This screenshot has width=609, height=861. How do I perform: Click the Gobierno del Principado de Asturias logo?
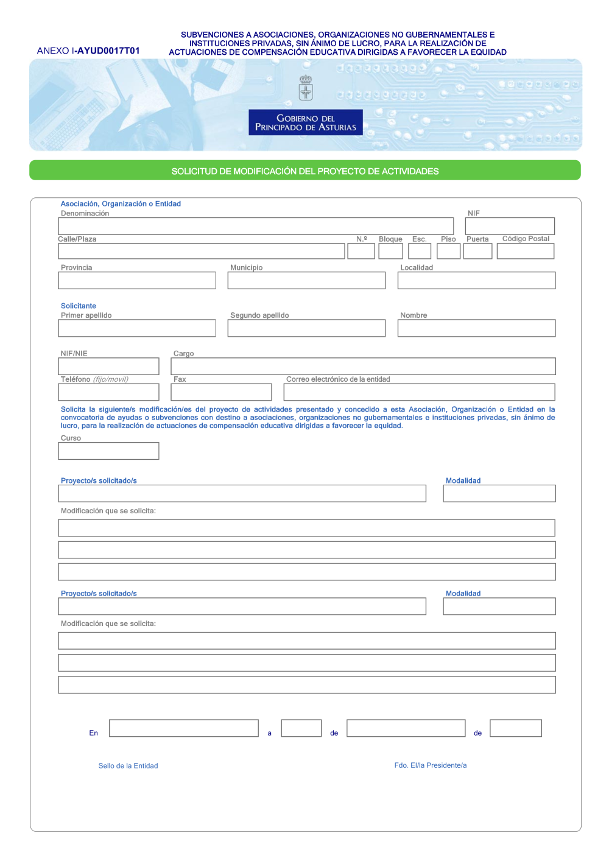305,122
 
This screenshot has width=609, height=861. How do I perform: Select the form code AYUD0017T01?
108,51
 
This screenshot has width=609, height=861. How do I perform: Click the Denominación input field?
256,226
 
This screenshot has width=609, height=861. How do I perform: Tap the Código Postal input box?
525,251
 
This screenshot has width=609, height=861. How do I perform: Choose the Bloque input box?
390,251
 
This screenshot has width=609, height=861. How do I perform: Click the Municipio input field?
306,280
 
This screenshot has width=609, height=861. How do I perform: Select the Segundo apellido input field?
306,328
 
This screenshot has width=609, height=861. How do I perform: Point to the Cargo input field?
363,366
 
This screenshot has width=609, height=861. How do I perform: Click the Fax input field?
221,392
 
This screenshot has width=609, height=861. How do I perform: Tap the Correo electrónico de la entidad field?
419,392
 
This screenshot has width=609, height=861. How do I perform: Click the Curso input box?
108,451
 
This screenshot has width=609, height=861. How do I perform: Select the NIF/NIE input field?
108,366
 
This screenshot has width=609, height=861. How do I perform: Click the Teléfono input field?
108,392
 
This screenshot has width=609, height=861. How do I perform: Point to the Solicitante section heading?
79,306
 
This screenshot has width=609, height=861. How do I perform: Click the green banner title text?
305,171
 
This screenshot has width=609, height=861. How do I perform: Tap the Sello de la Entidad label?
128,766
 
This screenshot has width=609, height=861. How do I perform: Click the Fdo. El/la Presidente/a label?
431,765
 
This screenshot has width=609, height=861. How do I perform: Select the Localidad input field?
476,280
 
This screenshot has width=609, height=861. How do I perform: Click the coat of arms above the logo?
306,88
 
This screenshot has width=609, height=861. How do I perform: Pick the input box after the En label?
184,728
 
